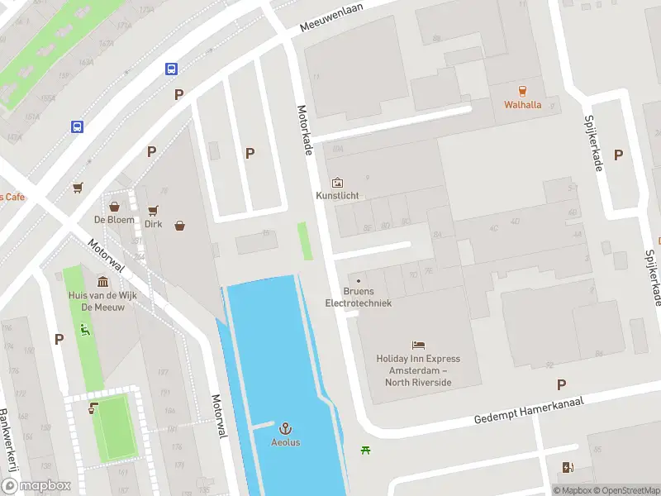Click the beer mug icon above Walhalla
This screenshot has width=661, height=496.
[x=522, y=90]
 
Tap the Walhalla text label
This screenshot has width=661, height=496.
[x=523, y=105]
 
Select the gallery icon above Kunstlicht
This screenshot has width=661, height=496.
[x=337, y=182]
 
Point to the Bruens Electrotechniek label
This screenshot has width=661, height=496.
[x=358, y=297]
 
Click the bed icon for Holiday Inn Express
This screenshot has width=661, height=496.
[x=418, y=345]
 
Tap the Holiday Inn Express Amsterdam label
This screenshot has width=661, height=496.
[x=418, y=370]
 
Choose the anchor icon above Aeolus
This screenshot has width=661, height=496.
[x=286, y=428]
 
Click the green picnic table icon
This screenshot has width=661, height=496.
[x=364, y=450]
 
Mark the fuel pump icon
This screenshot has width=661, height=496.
[x=567, y=468]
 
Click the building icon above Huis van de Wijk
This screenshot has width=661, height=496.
[x=102, y=282]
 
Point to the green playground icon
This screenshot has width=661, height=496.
[x=83, y=330]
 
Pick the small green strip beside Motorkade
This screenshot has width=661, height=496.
[x=305, y=241]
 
